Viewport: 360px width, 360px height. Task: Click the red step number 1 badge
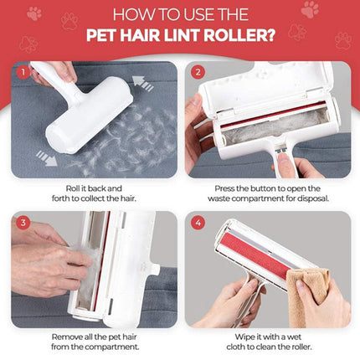[x=23, y=73]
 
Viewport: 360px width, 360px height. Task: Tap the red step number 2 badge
[x=198, y=72]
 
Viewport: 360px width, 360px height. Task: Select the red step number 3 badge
[x=23, y=223]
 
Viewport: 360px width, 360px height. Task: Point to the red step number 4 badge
[x=198, y=223]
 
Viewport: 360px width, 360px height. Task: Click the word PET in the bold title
[x=100, y=35]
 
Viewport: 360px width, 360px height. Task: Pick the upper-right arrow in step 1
[x=143, y=83]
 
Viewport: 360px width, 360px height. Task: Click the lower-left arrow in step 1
[x=47, y=158]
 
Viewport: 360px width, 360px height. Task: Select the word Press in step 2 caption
[x=224, y=188]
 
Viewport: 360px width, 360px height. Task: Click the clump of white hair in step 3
[x=84, y=268]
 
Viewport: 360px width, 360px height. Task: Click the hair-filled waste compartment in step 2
[x=275, y=126]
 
